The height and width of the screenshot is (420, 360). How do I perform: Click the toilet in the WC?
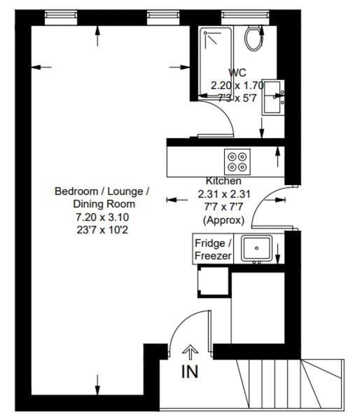[x=252, y=38]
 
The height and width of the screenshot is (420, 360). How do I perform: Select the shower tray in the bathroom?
[x=218, y=48]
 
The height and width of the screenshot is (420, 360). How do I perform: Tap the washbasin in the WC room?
[x=272, y=98]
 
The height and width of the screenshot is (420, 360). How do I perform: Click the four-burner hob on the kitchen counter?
[x=236, y=162]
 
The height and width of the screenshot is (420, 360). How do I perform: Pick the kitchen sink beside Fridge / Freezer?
[x=256, y=249]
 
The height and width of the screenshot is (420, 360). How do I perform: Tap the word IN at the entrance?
[x=190, y=372]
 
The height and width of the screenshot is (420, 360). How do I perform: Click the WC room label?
[x=237, y=72]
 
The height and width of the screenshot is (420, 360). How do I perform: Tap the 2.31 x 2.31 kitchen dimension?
[x=223, y=194]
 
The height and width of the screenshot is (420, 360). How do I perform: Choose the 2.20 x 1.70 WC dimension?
[x=237, y=85]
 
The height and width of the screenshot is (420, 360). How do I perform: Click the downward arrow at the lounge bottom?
[x=97, y=384]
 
